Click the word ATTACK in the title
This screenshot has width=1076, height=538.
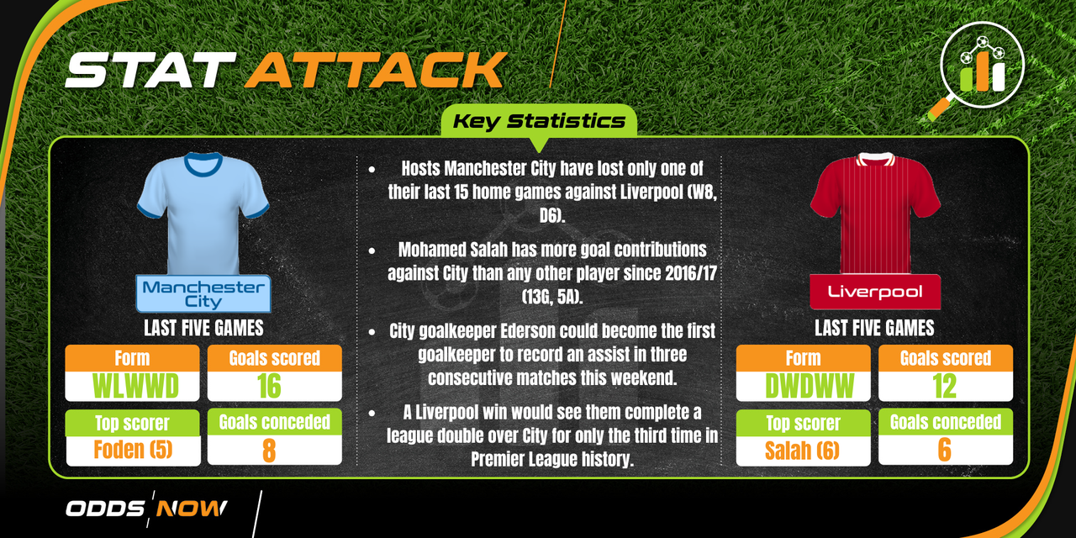376,70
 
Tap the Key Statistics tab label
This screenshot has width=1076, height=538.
539,121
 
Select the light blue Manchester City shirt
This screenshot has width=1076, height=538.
203,214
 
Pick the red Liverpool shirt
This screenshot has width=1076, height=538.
875,214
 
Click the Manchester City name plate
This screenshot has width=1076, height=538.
203,293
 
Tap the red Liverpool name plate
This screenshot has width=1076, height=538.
875,292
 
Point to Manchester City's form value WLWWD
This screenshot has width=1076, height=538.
135,386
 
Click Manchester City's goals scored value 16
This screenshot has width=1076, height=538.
269,386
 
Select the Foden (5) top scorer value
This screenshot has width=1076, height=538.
133,450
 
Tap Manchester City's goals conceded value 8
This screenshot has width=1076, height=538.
269,450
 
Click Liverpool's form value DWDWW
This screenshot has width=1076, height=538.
810,386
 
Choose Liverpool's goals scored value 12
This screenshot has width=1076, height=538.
944,386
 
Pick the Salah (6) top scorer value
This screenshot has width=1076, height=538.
802,451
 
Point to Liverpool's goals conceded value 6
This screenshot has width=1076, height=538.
944,450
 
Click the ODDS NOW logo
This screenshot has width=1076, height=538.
146,509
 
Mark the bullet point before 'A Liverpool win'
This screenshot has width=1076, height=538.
372,413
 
